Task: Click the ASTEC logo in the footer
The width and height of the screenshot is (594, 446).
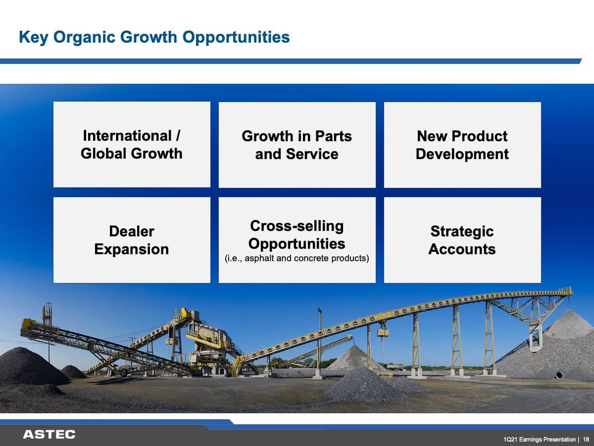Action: [x=49, y=435]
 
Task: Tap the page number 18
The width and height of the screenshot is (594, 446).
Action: [x=586, y=439]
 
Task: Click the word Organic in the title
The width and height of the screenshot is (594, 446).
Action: [x=85, y=37]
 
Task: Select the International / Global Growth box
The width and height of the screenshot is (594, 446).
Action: [x=132, y=144]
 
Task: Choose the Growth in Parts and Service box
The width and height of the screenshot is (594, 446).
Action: [x=297, y=145]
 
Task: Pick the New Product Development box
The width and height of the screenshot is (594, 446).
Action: [x=462, y=145]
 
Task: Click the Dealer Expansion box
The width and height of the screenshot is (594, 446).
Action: [x=132, y=240]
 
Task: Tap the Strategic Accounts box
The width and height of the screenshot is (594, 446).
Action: [x=462, y=240]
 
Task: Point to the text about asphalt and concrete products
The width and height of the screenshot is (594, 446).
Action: [x=297, y=258]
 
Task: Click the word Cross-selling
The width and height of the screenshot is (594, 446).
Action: [x=297, y=226]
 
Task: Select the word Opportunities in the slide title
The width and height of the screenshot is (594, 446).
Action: [x=236, y=37]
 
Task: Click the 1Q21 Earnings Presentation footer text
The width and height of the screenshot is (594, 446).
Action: [x=540, y=440]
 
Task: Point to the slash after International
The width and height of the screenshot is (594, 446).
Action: [x=178, y=135]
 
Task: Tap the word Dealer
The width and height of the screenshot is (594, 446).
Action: [x=132, y=231]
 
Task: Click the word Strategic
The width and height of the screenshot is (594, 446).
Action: [x=462, y=232]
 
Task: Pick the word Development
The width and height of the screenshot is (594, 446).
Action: [x=462, y=154]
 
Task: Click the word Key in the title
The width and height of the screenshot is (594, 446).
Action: [x=34, y=37]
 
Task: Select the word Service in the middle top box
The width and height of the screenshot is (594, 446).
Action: [x=312, y=154]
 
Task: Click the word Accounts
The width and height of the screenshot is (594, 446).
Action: [x=462, y=249]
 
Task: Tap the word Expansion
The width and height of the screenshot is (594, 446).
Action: [x=132, y=249]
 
